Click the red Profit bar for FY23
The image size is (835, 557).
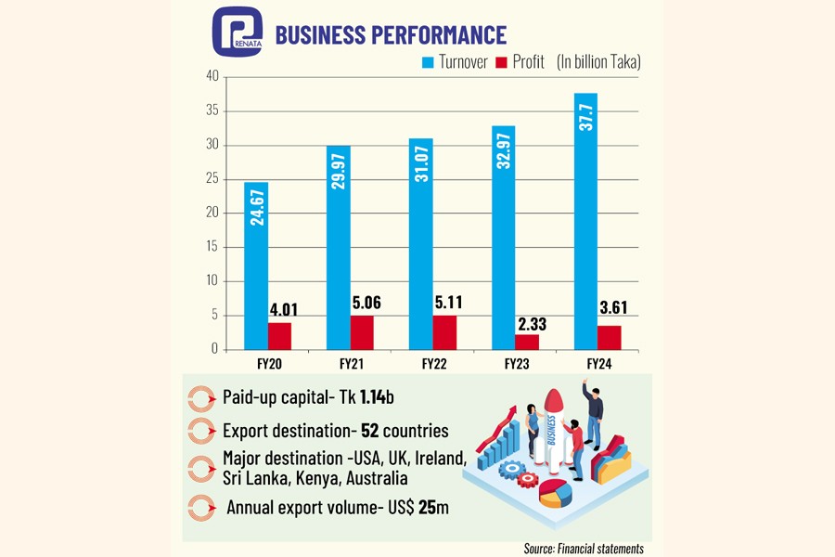pyautogui.click(x=526, y=341)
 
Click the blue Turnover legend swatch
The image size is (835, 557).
pyautogui.click(x=429, y=63)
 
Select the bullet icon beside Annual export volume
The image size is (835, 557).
pyautogui.click(x=200, y=509)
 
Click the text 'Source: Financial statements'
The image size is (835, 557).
pyautogui.click(x=584, y=549)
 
